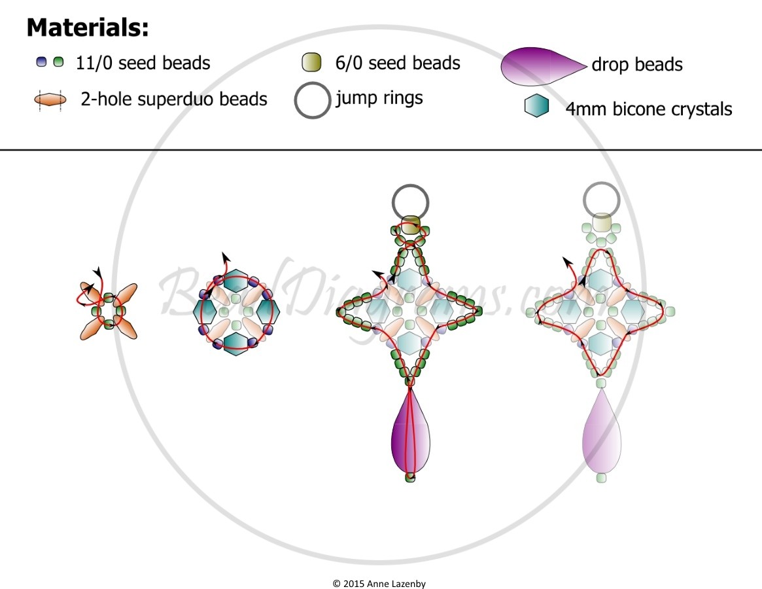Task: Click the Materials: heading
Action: [x=87, y=27]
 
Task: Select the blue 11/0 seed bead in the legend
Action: [x=41, y=62]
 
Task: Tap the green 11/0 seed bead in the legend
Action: [x=58, y=62]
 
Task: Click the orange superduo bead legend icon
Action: [x=50, y=99]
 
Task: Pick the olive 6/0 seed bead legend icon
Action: [x=311, y=63]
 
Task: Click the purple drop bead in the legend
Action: [x=544, y=66]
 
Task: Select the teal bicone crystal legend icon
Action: [x=536, y=105]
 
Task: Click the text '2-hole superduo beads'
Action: [x=174, y=99]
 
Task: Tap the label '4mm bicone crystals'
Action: [x=649, y=109]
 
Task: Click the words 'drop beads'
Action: [x=637, y=64]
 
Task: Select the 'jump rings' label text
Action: [x=379, y=98]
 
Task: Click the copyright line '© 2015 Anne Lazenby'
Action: [x=379, y=584]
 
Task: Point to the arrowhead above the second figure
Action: [x=224, y=257]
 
